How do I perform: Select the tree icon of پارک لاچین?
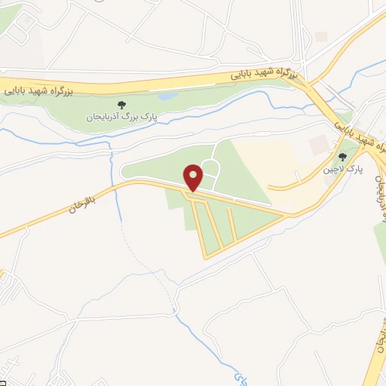(x=342, y=158)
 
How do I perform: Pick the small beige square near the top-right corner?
(x=322, y=36)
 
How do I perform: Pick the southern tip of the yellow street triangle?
(x=204, y=257)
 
